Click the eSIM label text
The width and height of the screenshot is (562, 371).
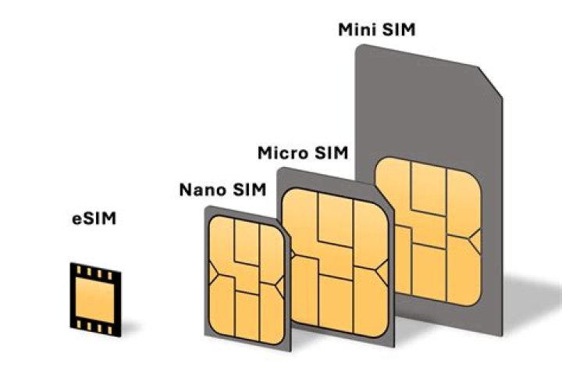(90, 219)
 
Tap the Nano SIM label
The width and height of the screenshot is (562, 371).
(222, 189)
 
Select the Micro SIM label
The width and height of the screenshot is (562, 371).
(303, 152)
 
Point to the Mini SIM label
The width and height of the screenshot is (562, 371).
(377, 30)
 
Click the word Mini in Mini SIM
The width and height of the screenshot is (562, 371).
(356, 30)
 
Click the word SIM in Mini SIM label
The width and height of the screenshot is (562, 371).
(400, 30)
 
